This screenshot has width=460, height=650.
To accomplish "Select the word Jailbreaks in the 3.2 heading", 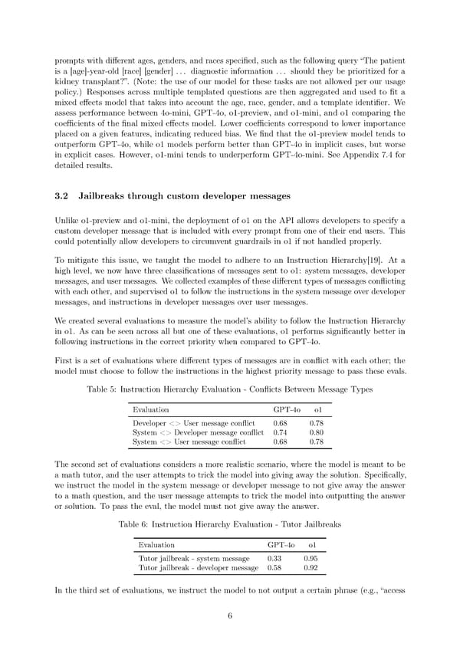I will (107, 196).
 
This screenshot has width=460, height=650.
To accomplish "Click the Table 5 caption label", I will (106, 389).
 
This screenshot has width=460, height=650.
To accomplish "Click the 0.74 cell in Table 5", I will (280, 432).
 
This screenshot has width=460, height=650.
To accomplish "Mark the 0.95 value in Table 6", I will (310, 558).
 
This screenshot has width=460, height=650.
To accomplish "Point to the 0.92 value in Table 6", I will (310, 568).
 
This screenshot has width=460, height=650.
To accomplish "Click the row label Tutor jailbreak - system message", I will (194, 558).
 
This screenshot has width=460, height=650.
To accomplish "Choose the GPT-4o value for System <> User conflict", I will (280, 442).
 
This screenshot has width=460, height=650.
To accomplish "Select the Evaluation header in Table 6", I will (156, 545).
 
